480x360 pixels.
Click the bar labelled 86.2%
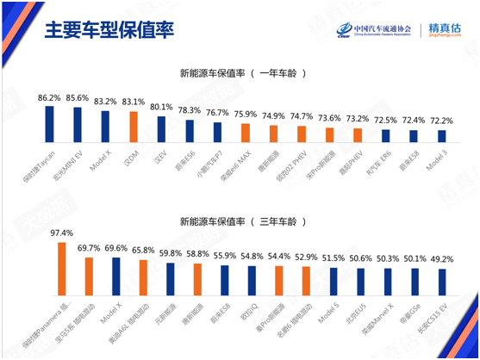(x=49, y=123)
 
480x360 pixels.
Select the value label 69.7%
(x=89, y=248)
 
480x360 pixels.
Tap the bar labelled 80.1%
(x=161, y=128)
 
